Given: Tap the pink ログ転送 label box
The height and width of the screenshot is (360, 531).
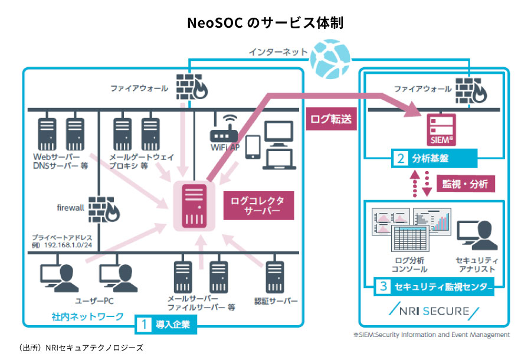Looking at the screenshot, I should pos(331,120).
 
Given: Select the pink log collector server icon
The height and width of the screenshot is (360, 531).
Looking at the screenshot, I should pos(192,206).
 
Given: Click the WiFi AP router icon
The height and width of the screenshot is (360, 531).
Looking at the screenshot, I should pos(225,130).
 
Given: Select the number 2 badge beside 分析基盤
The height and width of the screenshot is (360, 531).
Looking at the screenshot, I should pos(401,158).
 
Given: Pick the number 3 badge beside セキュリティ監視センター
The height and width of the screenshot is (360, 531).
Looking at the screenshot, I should pos(383,287).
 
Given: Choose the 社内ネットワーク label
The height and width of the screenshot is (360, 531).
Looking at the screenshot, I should pos(87,317).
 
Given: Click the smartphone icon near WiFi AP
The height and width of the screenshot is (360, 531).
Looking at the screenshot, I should pos(253,148).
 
